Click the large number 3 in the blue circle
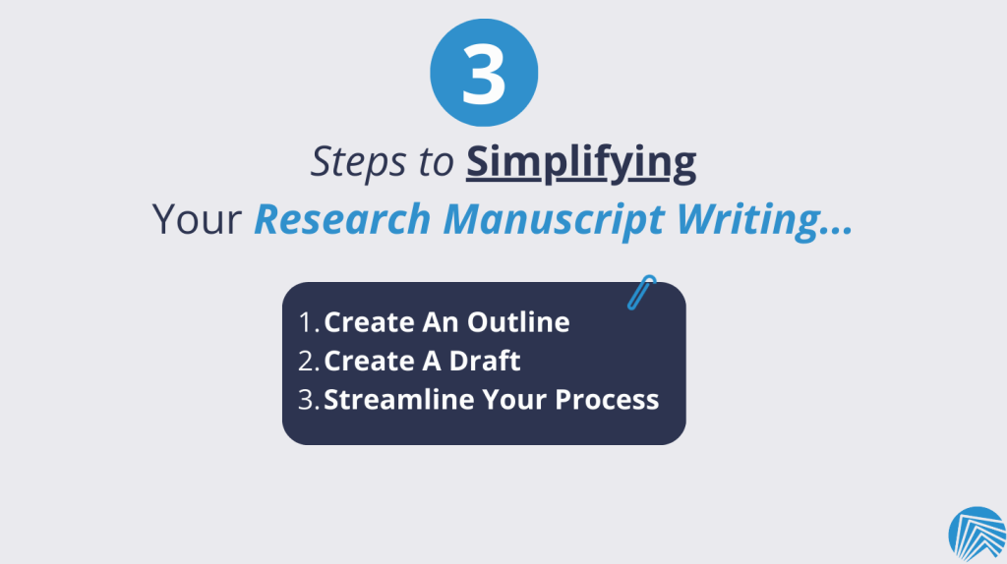click(484, 73)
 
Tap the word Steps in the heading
click(358, 161)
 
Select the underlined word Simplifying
click(581, 162)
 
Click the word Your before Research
click(197, 219)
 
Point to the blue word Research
click(341, 219)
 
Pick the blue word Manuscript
click(554, 220)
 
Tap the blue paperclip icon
click(641, 293)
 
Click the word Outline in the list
click(518, 322)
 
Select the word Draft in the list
click(484, 361)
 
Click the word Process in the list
click(607, 400)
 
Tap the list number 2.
click(309, 361)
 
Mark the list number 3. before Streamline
click(309, 400)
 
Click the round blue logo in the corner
click(977, 535)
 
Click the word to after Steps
click(436, 162)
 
